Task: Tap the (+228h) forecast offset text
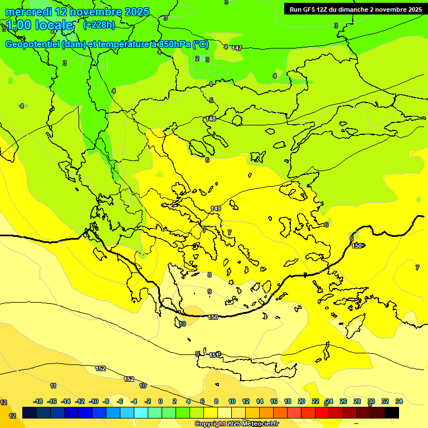(99, 25)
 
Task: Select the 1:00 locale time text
(40, 25)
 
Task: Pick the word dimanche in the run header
(359, 9)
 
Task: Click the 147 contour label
(237, 48)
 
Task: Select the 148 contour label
(211, 119)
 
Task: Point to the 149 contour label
(216, 208)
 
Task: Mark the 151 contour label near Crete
(214, 354)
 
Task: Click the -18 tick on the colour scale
(38, 401)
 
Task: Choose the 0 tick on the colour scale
(160, 401)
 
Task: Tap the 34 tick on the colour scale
(399, 401)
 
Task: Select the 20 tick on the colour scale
(301, 401)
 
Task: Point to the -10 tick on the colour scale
(94, 401)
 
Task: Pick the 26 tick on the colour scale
(343, 401)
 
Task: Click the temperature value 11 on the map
(53, 386)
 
